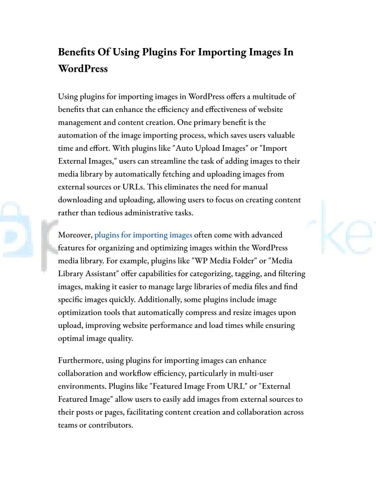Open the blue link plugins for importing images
pyautogui.click(x=143, y=235)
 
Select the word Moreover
pyautogui.click(x=75, y=235)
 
